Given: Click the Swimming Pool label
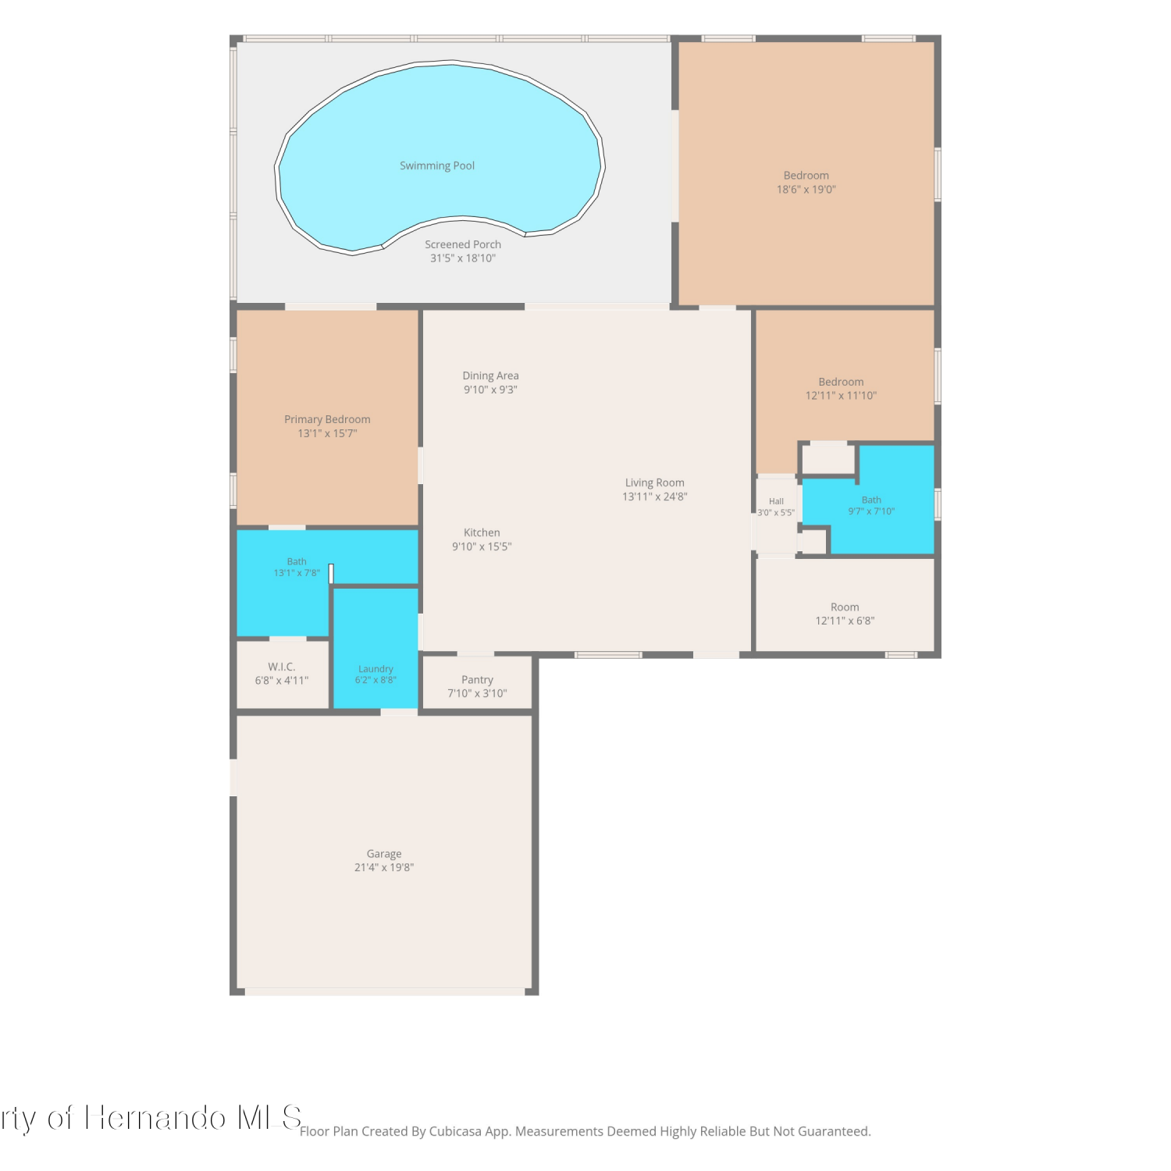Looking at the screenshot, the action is (437, 166).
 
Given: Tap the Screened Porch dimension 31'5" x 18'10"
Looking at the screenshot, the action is (463, 258).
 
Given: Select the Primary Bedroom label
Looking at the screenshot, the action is (327, 419).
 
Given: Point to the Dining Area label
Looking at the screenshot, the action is (490, 376).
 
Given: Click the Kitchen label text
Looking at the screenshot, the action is (482, 532).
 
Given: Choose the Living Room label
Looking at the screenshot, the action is (654, 482).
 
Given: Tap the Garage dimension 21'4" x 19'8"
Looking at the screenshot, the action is (384, 867).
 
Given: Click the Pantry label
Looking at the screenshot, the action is (477, 680).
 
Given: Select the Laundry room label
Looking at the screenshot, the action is (376, 669).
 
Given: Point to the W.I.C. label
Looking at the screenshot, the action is (282, 667).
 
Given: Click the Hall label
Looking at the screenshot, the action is (776, 501).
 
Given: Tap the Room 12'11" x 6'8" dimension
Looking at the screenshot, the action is (845, 621).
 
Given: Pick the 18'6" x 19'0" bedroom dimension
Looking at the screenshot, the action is (806, 189).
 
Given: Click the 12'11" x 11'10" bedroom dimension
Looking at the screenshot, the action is (841, 395).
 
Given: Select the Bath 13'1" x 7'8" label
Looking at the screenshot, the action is (297, 561).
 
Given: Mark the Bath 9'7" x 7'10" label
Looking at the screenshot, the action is (871, 500).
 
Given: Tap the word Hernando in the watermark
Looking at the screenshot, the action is (155, 1118).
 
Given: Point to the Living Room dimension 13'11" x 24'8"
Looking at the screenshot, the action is (654, 497).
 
